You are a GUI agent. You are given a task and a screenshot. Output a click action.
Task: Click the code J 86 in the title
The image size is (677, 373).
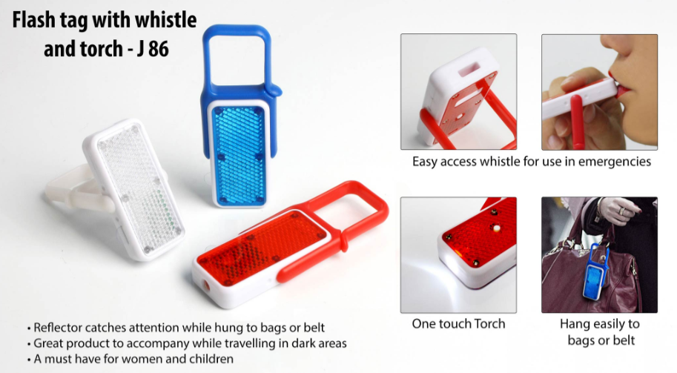point(153,49)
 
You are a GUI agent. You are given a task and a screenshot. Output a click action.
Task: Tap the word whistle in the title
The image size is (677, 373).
point(166,20)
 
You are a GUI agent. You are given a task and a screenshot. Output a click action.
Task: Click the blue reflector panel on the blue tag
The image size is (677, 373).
point(239,154)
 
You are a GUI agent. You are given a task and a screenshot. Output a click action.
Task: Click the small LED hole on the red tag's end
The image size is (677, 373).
point(206,285)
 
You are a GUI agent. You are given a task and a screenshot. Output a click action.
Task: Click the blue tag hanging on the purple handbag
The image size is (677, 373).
point(595,272)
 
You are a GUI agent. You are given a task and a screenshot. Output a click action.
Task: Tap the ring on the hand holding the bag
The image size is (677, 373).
point(621,211)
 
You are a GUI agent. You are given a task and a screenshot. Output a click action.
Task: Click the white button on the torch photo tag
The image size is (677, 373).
point(496,228)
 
